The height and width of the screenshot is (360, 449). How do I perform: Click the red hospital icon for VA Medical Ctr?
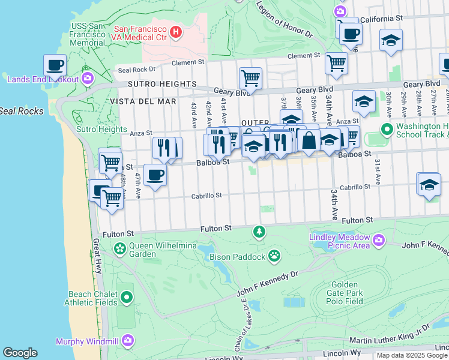pos(176,32)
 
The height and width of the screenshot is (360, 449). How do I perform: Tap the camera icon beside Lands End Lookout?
pos(88,79)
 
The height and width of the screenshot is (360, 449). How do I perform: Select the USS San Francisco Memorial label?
pos(88,34)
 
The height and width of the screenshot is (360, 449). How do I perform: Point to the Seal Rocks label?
pos(22,111)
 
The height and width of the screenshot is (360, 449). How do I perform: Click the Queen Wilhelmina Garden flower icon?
pos(120,247)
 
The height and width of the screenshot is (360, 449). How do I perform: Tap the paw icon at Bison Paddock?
pos(274,256)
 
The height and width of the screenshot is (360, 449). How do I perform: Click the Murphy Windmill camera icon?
pos(127,341)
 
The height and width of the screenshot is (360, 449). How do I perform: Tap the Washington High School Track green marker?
pos(387,129)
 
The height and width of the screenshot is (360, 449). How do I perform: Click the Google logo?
pos(20,353)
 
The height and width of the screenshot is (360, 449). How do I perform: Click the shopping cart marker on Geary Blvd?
pos(250,77)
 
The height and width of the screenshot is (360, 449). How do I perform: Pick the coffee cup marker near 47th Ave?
pos(155,175)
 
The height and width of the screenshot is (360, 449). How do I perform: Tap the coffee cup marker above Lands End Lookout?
pos(54,64)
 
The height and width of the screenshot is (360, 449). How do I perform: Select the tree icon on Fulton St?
pos(259,231)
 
